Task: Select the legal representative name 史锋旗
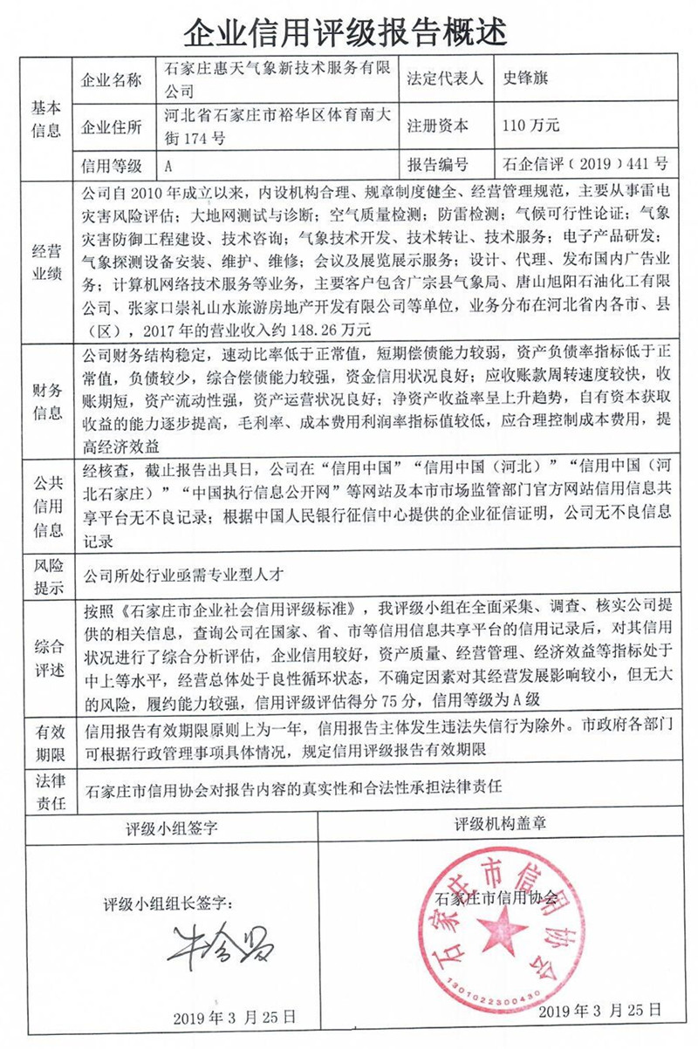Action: click(x=522, y=78)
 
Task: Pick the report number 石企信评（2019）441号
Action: click(x=585, y=164)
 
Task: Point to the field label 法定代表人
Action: click(x=444, y=78)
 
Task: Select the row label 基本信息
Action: click(x=47, y=119)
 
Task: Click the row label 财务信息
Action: click(x=47, y=400)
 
